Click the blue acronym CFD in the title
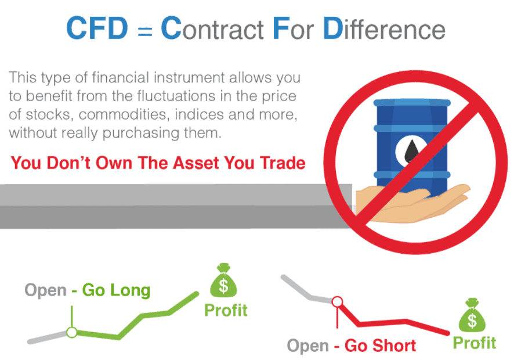coord(97,28)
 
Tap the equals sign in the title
coord(145,32)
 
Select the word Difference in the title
coord(384,28)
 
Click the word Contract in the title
coord(212,28)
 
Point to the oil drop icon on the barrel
coord(412,151)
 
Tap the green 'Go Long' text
coord(116,290)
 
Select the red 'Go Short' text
coord(380,346)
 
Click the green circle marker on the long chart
coord(72,333)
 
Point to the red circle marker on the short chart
coord(337,301)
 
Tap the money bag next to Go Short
coord(472,315)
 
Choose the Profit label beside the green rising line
coord(226,311)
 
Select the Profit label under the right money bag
coord(475,343)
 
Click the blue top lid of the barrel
coord(412,103)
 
